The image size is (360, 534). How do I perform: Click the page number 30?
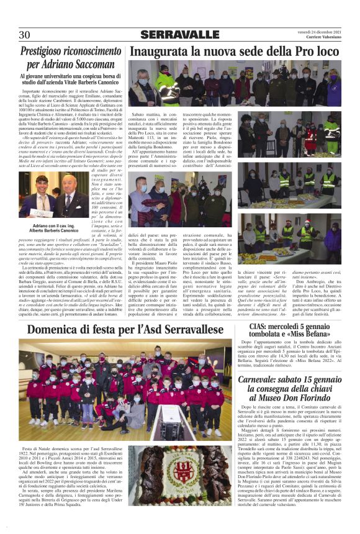(x=25, y=35)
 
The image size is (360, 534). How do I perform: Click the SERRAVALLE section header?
(x=180, y=35)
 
